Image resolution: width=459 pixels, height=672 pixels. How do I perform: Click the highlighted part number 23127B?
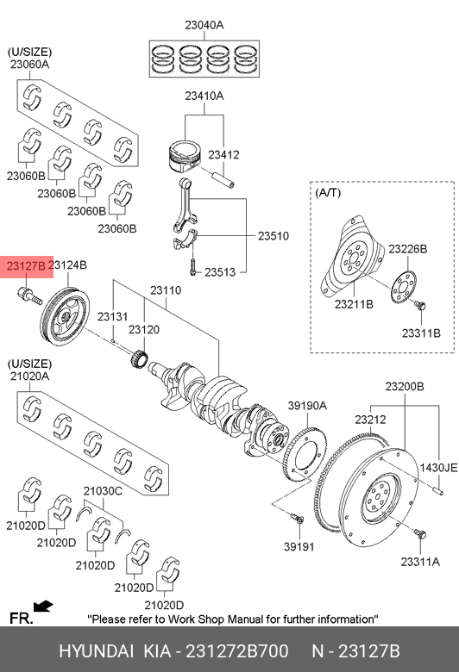[x=26, y=266]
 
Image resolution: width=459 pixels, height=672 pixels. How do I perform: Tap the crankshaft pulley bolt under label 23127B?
[x=29, y=296]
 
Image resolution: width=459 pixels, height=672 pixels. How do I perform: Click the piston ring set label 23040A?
[x=204, y=25]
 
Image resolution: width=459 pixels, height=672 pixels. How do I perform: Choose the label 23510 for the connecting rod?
[x=274, y=236]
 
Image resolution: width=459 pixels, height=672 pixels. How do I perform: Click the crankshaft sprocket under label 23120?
[x=140, y=358]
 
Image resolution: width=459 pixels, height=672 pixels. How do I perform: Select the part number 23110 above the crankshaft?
[x=166, y=290]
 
